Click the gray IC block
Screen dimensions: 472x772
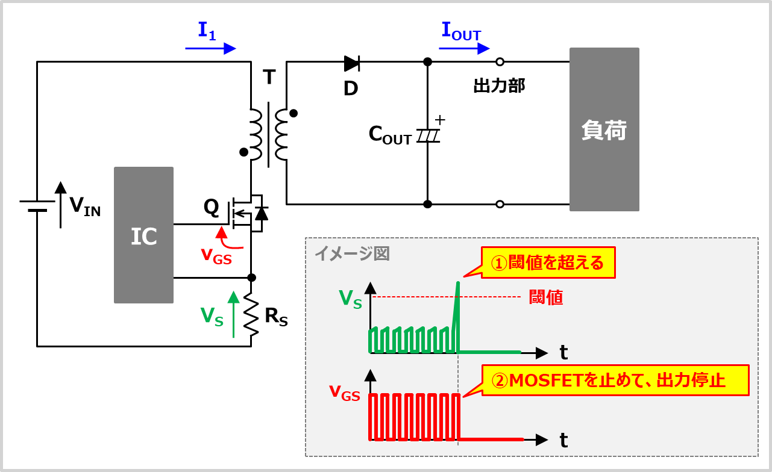(x=143, y=235)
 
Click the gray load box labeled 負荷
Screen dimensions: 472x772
(x=604, y=129)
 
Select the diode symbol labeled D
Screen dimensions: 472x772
(x=352, y=62)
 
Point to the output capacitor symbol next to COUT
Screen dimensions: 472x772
(x=428, y=137)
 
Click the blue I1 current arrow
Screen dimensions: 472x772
(x=210, y=49)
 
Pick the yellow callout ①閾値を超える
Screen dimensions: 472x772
(x=547, y=262)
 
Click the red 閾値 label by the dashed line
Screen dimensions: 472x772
(x=545, y=297)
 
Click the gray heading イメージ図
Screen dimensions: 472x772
(x=352, y=253)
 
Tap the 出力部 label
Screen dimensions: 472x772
(x=499, y=86)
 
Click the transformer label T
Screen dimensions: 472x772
(x=269, y=77)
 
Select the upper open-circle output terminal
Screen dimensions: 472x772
(x=500, y=61)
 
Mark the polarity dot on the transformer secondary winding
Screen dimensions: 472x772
(x=293, y=113)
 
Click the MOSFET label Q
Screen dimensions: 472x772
(x=211, y=207)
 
